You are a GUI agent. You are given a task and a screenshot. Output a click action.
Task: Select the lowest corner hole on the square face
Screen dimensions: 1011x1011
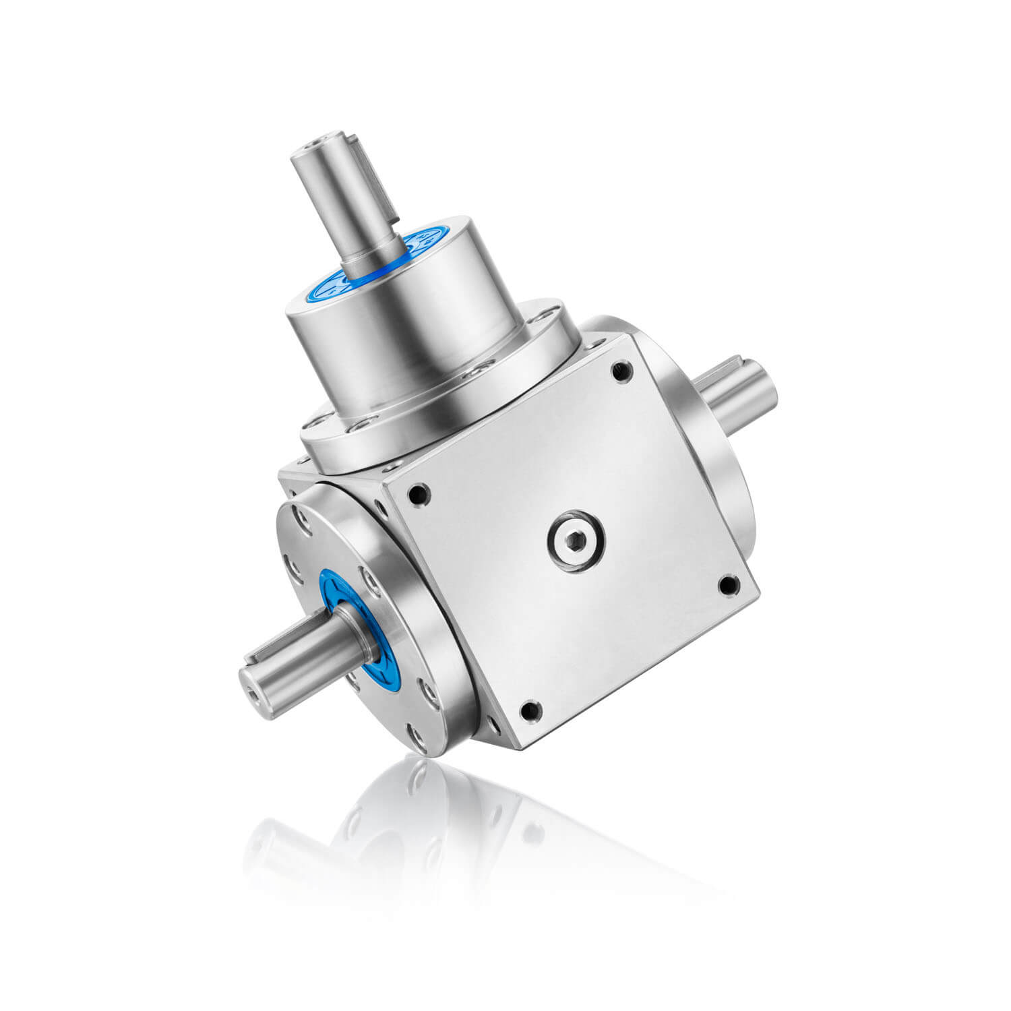pyautogui.click(x=530, y=709)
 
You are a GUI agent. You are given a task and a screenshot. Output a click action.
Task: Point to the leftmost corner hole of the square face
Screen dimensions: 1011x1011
pyautogui.click(x=418, y=494)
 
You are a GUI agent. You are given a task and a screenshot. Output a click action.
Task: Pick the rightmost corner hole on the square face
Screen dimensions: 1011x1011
pyautogui.click(x=729, y=584)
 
